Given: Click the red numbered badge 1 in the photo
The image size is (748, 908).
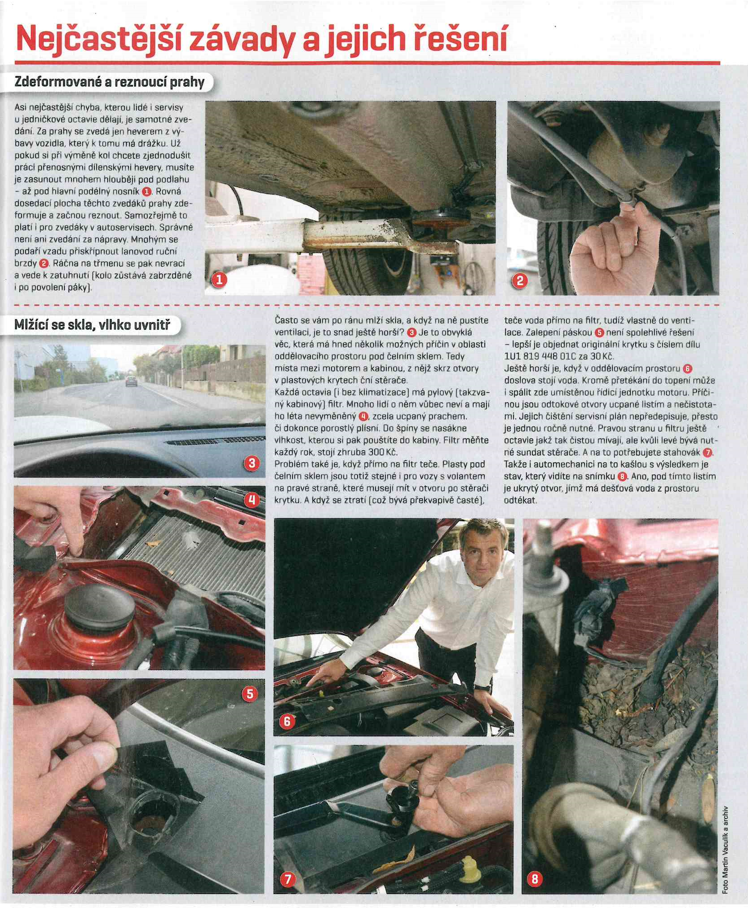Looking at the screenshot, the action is point(219,280).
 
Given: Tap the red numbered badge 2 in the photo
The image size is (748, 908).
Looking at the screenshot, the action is point(520,281).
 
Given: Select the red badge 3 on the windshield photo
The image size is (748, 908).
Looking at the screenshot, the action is point(251,463).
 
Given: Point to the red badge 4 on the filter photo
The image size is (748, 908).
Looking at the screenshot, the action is point(252,500).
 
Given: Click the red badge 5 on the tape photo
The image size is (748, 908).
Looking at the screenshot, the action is point(250,694).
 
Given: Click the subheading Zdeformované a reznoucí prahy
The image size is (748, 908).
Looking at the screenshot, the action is point(110,82).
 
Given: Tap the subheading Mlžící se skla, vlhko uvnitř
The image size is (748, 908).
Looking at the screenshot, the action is point(93,324).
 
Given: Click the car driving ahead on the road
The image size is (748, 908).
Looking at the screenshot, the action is point(131,381).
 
